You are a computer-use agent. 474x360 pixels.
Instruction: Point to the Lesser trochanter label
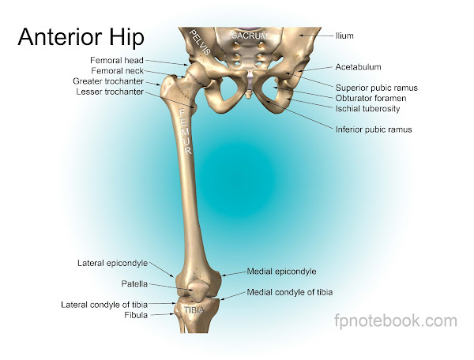click(111, 92)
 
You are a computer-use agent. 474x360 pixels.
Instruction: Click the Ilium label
click(345, 36)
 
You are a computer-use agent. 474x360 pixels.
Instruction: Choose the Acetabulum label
click(357, 67)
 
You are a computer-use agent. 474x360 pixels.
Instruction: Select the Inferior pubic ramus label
click(374, 128)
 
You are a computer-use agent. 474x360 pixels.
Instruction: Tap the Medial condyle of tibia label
click(290, 292)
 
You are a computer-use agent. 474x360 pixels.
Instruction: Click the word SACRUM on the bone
click(250, 36)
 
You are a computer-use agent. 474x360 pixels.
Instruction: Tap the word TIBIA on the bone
click(194, 309)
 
